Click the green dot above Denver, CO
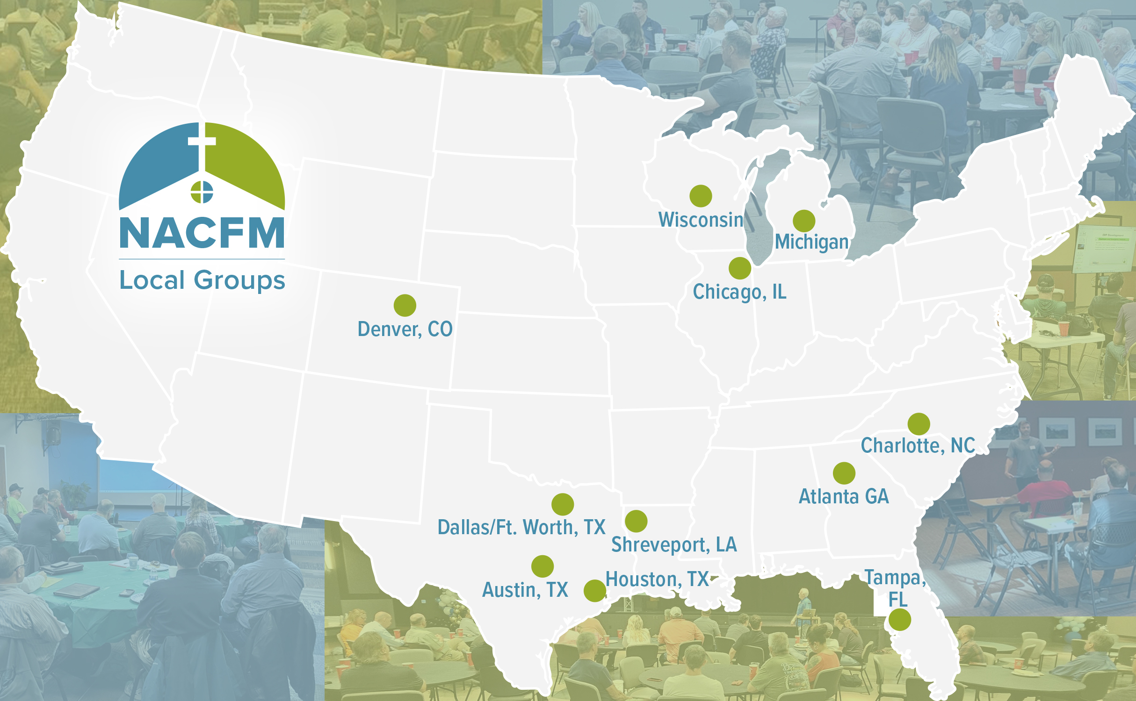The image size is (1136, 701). (x=405, y=306)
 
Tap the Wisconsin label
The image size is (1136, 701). (x=701, y=220)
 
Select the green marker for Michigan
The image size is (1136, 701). (x=804, y=221)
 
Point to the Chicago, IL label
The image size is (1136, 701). (x=739, y=292)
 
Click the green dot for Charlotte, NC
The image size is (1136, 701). (x=919, y=424)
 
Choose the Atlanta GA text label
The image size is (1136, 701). (x=844, y=496)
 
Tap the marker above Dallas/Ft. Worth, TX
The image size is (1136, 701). (x=563, y=504)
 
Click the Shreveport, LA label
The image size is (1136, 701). (x=674, y=544)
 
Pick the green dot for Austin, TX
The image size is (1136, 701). (x=543, y=566)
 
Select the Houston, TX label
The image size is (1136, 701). (x=657, y=579)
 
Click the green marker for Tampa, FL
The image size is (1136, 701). (x=900, y=620)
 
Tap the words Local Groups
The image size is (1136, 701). (x=202, y=280)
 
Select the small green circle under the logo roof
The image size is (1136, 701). (x=202, y=192)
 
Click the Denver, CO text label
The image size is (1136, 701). (x=405, y=329)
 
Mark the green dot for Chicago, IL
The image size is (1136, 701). (x=740, y=268)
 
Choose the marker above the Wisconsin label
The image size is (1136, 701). (x=701, y=196)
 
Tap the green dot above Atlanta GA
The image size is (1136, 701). (x=844, y=473)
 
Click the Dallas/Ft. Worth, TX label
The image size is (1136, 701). (x=521, y=528)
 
